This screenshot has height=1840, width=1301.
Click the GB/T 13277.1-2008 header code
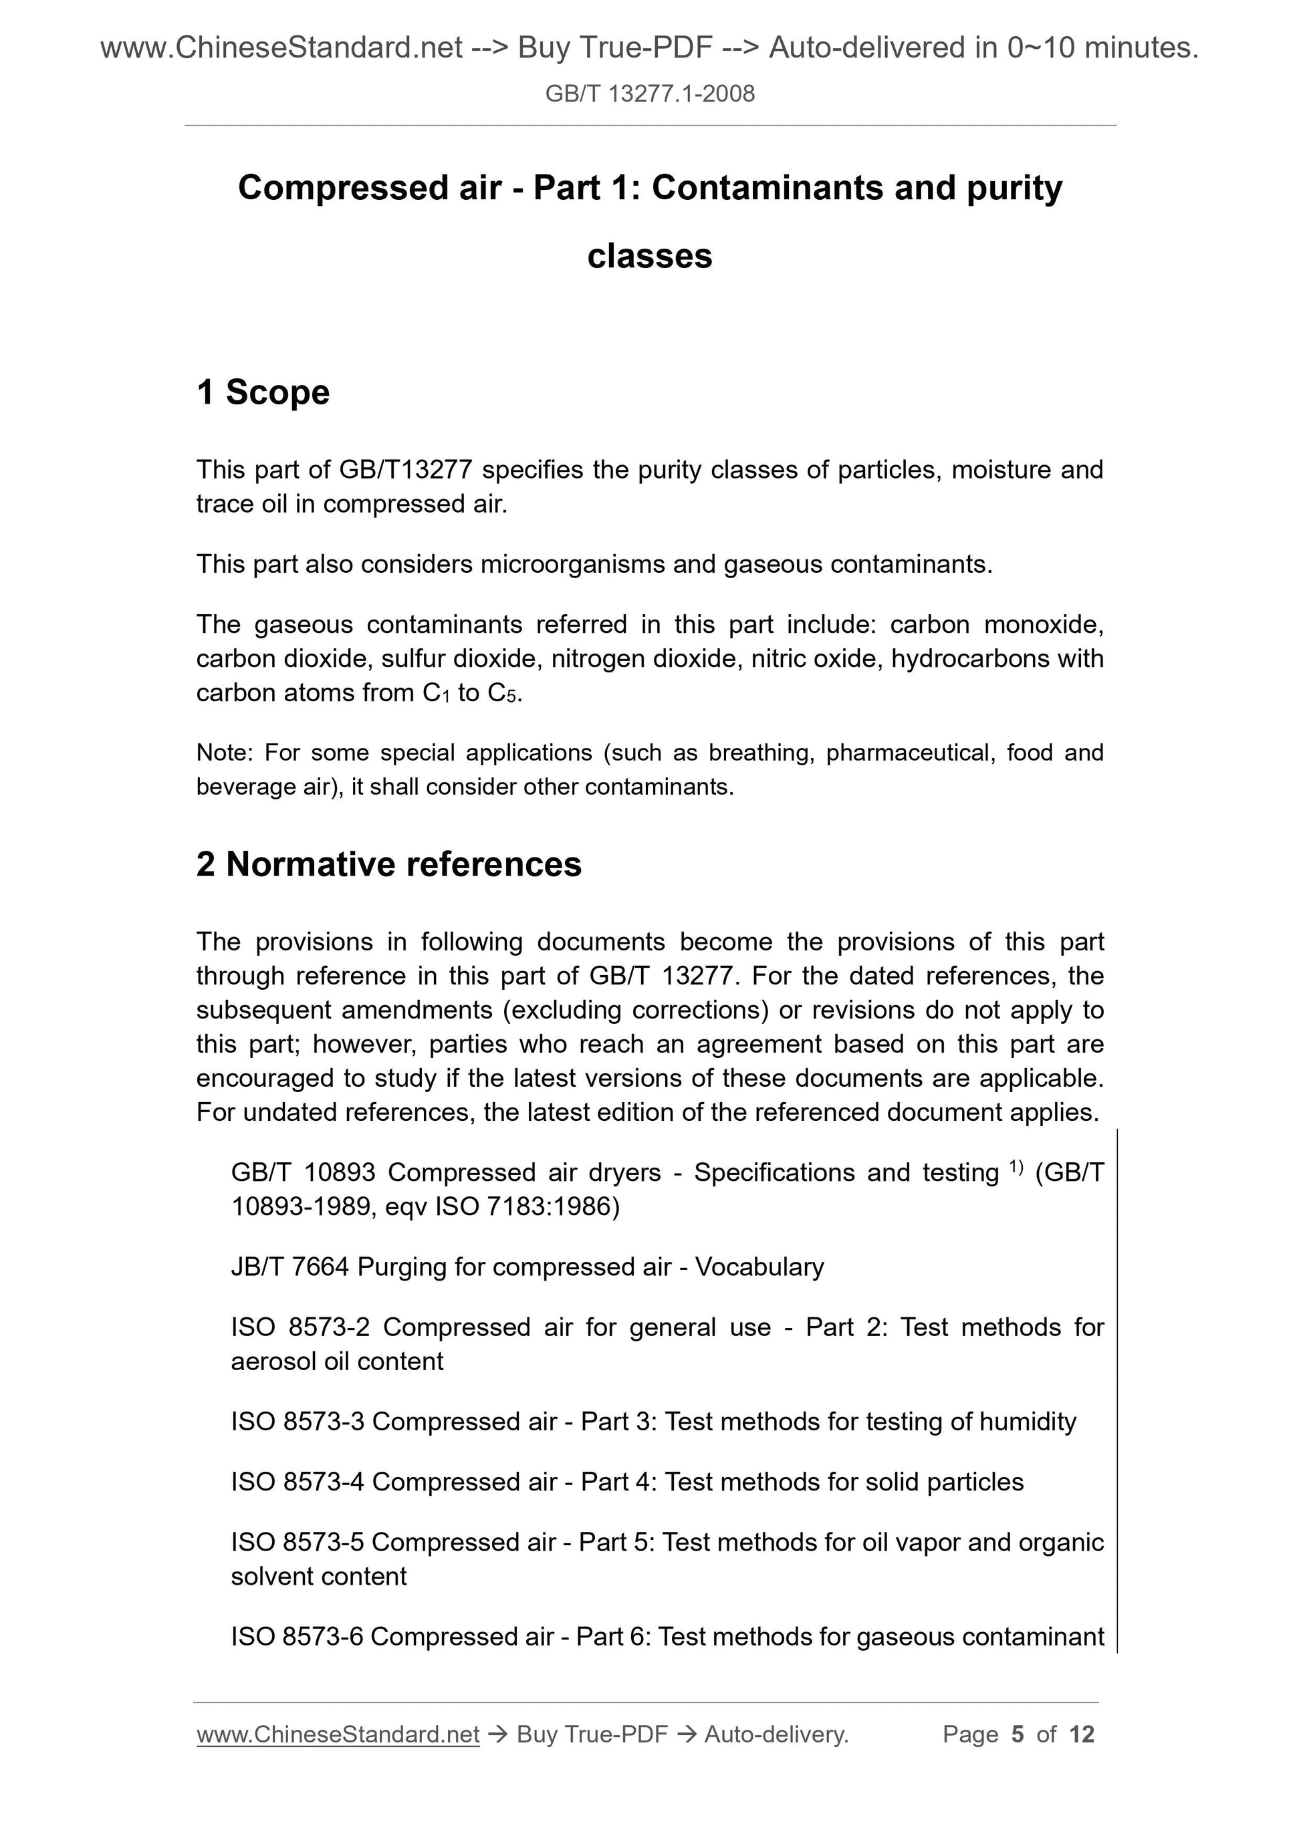tap(649, 94)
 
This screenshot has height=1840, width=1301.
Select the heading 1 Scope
tap(263, 393)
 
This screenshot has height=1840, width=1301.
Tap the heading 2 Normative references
tap(389, 865)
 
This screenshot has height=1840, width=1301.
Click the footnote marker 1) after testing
tap(1016, 1168)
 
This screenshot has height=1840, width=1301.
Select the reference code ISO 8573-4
tap(298, 1482)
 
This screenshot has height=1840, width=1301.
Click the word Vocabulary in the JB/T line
tap(759, 1267)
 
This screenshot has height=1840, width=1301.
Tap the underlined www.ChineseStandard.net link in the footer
tap(338, 1735)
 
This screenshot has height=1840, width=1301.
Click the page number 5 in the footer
tap(1018, 1735)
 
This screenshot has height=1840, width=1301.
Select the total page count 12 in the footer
tap(1081, 1735)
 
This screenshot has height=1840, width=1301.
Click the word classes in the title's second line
tap(649, 257)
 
